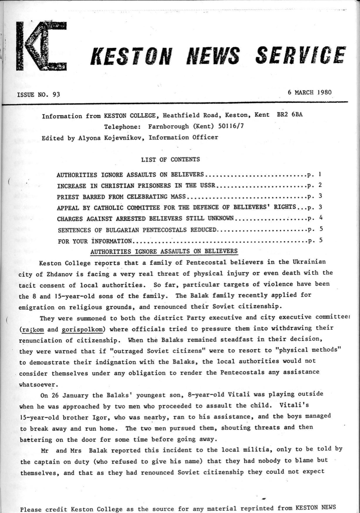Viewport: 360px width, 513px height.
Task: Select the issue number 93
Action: [56, 95]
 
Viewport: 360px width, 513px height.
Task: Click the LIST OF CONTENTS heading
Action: [170, 159]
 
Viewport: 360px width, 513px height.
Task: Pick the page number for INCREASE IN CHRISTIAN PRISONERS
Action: [320, 185]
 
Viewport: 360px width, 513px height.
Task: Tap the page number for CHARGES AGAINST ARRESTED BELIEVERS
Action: [321, 218]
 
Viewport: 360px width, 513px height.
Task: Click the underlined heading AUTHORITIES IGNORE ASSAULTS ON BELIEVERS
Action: [164, 251]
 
